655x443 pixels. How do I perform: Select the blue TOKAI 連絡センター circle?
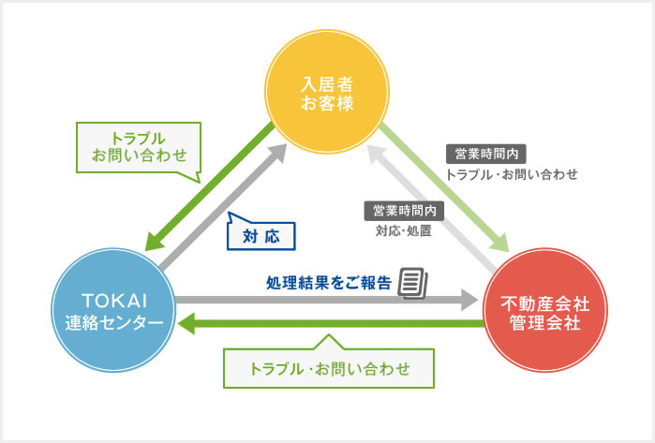click(x=113, y=310)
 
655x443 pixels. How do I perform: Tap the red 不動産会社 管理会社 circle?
click(x=542, y=313)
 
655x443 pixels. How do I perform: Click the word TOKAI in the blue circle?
click(x=114, y=300)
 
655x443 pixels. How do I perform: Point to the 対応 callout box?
click(x=261, y=233)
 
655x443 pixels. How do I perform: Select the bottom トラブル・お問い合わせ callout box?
click(x=329, y=367)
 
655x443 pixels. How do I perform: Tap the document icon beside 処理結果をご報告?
click(x=412, y=282)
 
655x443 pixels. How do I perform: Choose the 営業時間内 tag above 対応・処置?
click(x=404, y=210)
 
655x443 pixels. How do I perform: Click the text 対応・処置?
click(x=403, y=229)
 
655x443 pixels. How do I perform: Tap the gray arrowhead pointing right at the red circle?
click(x=469, y=301)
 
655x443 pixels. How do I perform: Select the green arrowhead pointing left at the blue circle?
click(x=187, y=324)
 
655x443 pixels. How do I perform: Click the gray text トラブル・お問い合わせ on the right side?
click(x=512, y=174)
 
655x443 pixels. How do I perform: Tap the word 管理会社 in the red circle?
click(x=542, y=324)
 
